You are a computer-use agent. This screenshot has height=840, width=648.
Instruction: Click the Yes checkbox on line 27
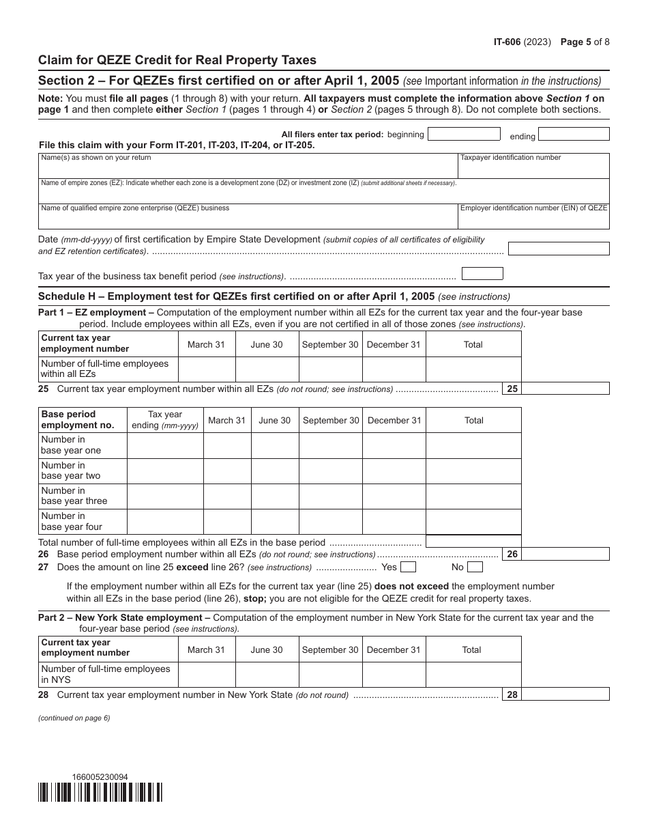[x=408, y=567]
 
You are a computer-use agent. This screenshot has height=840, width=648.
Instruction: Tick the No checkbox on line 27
[x=475, y=567]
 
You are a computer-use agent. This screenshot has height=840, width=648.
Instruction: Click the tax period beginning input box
[x=463, y=134]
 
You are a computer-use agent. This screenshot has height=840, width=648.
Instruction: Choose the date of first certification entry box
[x=559, y=249]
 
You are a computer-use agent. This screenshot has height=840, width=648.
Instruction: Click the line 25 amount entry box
[x=565, y=389]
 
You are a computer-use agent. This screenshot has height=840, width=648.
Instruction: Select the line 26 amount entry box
[x=565, y=555]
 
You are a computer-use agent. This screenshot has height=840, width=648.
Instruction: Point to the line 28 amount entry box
[x=565, y=695]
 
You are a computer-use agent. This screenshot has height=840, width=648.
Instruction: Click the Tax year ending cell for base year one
[x=165, y=445]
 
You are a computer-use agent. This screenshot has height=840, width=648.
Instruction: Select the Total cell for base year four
[x=473, y=522]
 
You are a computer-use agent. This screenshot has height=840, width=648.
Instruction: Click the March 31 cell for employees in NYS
[x=207, y=675]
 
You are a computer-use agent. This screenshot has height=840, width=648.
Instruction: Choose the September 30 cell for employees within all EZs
[x=330, y=369]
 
